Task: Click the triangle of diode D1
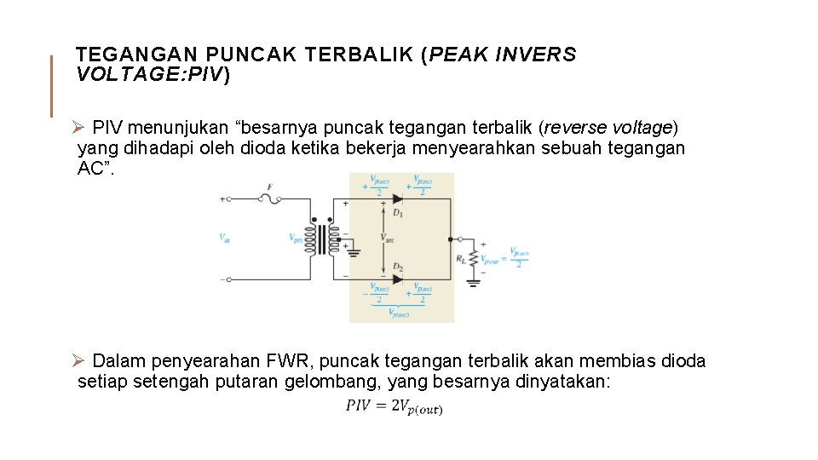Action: [397, 199]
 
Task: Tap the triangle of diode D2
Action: [397, 278]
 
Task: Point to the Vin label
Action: [223, 238]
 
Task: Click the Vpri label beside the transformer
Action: [297, 238]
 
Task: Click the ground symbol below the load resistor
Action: [473, 280]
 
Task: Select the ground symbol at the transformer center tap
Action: [353, 252]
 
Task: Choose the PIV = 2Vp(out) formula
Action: [394, 406]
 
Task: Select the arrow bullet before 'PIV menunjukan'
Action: [78, 128]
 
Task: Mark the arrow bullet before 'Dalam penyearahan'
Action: [78, 361]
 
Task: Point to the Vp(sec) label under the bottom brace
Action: [398, 313]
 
